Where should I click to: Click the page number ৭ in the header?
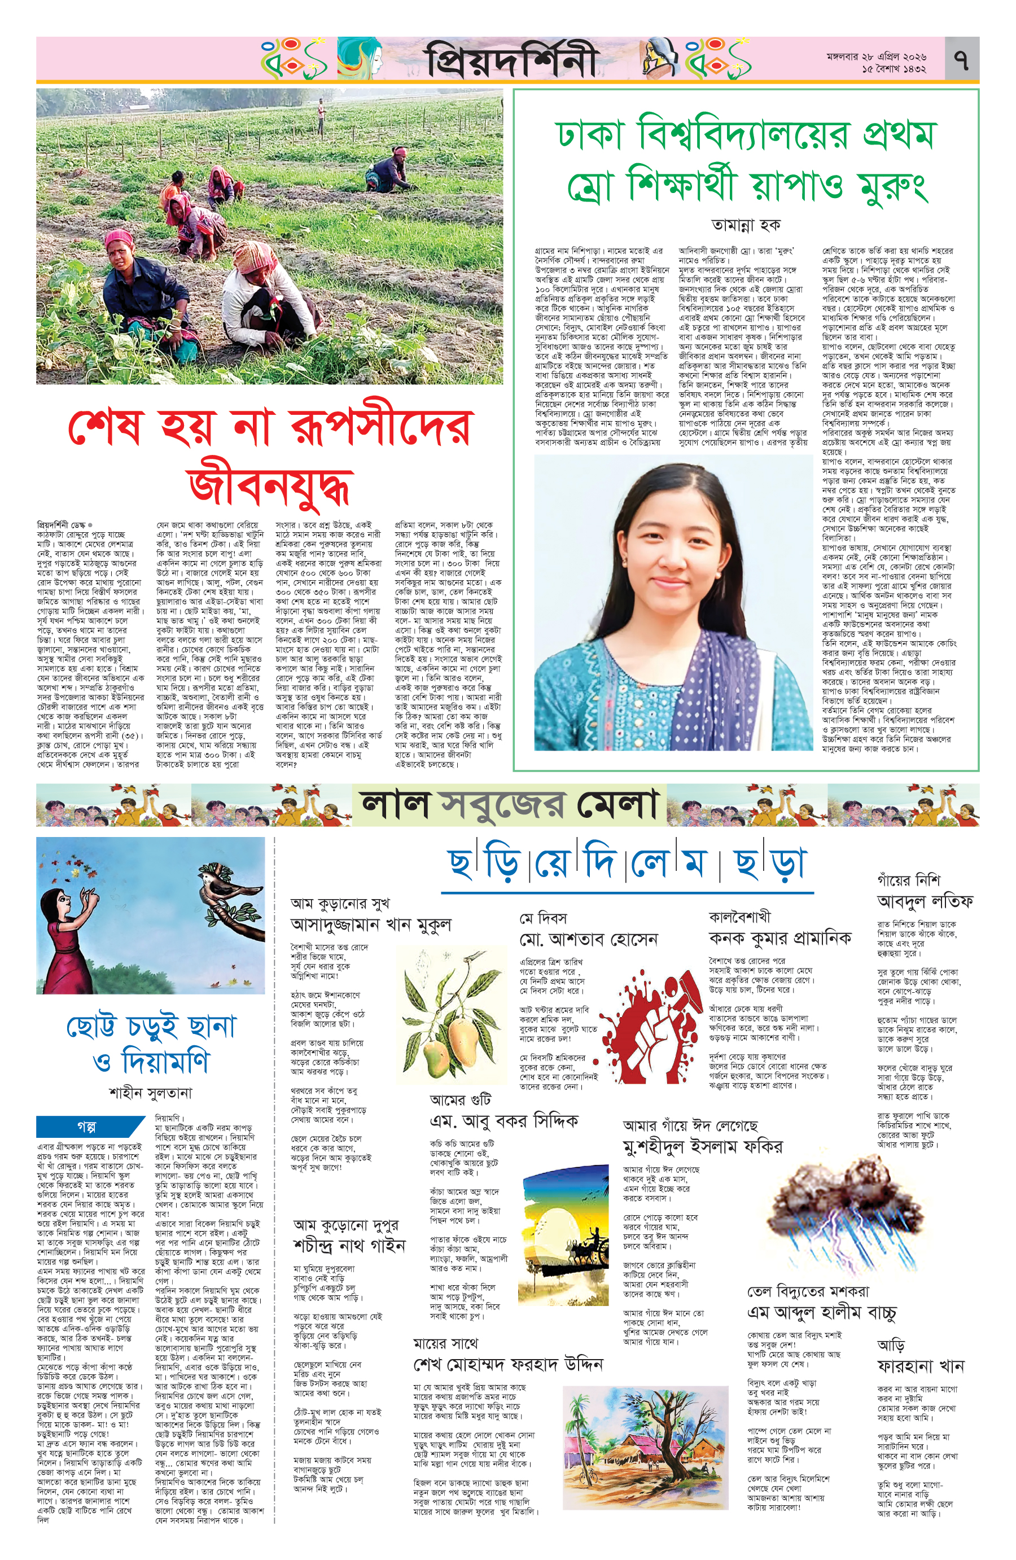[x=962, y=60]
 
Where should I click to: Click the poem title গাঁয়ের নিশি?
[x=909, y=880]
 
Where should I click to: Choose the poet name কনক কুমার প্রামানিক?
[x=779, y=938]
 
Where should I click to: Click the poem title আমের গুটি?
[x=460, y=1099]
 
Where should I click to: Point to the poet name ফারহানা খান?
[x=920, y=1366]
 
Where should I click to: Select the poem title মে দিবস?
[x=544, y=918]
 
